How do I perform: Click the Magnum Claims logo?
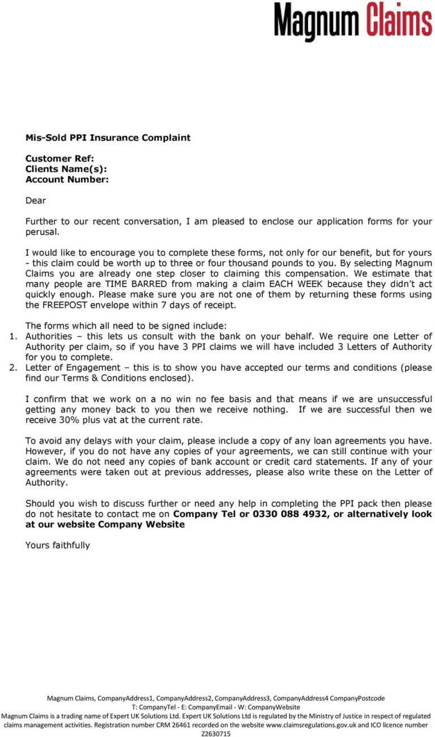[353, 21]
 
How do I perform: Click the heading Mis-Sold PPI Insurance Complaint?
[108, 138]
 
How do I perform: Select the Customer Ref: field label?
[59, 158]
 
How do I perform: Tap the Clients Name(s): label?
[66, 169]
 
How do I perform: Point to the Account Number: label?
[67, 179]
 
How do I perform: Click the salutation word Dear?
[36, 200]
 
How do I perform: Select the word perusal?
[42, 232]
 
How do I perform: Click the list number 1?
[14, 336]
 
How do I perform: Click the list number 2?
[14, 368]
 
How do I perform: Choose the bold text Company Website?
[141, 525]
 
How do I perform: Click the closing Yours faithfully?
[58, 546]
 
